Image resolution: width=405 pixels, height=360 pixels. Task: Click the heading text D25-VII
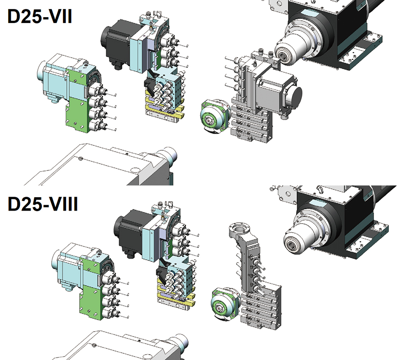[x=40, y=16]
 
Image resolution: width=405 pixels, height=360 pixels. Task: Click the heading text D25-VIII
[x=43, y=204]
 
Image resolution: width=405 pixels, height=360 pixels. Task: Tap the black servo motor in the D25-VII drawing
[x=117, y=44]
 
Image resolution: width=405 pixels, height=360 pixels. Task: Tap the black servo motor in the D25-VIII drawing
[x=130, y=233]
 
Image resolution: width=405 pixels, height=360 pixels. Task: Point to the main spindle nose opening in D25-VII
[x=283, y=55]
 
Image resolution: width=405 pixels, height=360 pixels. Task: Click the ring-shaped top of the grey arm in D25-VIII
[x=239, y=229]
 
